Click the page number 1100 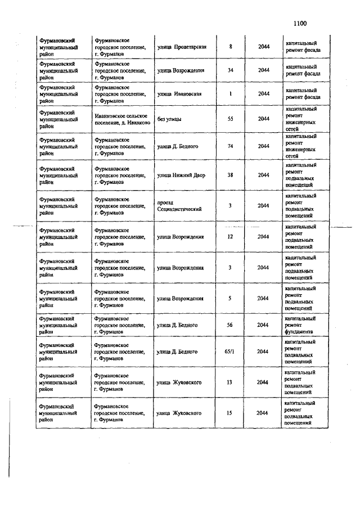click(x=299, y=24)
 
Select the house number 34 click(x=231, y=70)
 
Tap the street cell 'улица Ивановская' click(x=179, y=93)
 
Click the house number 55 click(x=231, y=119)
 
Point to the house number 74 click(x=231, y=146)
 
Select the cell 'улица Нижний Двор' click(x=181, y=175)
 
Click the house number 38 click(x=231, y=175)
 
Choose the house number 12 click(x=231, y=237)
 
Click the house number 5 click(x=231, y=298)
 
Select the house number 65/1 click(x=231, y=352)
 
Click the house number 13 click(x=231, y=382)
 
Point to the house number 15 click(x=231, y=413)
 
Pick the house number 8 click(x=231, y=46)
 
